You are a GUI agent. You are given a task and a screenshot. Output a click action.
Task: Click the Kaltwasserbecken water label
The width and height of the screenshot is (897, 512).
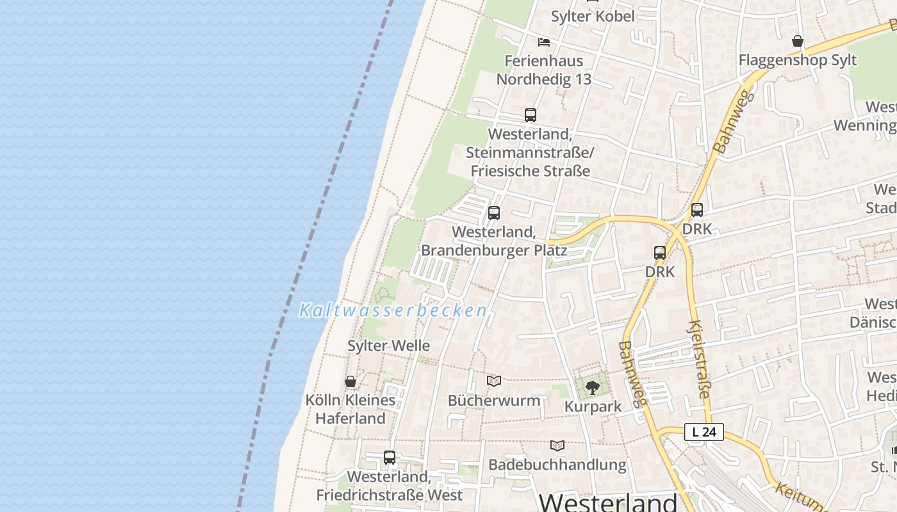[x=393, y=311]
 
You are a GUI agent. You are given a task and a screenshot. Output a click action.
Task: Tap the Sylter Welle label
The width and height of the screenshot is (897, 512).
[x=388, y=346]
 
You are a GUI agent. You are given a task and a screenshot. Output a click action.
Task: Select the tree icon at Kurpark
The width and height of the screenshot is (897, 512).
[x=593, y=387]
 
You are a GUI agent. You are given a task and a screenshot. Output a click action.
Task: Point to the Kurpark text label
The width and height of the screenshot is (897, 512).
[x=593, y=406]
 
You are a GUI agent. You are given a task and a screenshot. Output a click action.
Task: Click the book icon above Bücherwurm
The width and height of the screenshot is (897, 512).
[x=493, y=381]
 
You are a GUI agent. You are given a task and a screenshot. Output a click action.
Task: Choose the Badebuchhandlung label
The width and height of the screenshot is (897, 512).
[x=557, y=465]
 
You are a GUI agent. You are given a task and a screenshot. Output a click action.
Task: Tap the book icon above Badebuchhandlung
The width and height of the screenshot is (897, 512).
[x=557, y=445]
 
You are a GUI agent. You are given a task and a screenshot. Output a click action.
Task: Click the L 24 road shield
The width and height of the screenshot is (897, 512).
[x=704, y=432]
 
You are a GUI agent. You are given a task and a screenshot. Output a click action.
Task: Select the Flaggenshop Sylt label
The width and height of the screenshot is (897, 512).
[x=797, y=60]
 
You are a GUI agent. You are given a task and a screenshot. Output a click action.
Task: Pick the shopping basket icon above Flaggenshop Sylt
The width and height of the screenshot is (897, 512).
[x=798, y=42]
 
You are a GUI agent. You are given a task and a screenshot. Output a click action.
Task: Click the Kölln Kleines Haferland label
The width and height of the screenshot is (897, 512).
[x=350, y=409]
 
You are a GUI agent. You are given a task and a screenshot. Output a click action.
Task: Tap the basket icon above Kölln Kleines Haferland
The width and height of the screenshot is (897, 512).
[x=350, y=382]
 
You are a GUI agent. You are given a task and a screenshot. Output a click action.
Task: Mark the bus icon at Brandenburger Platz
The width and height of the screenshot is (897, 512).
[x=494, y=213]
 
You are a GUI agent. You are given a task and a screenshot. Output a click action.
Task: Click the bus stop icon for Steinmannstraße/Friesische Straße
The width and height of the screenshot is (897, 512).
[x=531, y=115]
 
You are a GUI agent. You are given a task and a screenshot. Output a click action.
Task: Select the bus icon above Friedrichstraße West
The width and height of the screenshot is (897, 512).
[x=390, y=458]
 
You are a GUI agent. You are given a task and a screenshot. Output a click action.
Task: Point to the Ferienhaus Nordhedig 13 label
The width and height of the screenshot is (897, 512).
[x=544, y=70]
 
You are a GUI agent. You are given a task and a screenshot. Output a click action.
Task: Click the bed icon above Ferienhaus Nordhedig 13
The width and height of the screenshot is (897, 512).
[x=544, y=42]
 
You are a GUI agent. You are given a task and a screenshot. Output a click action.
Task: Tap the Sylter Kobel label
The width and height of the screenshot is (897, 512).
[x=593, y=16]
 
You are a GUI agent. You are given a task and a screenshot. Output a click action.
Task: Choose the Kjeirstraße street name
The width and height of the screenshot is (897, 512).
[x=699, y=359]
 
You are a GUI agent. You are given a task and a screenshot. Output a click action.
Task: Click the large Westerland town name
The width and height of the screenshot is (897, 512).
[x=608, y=502]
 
